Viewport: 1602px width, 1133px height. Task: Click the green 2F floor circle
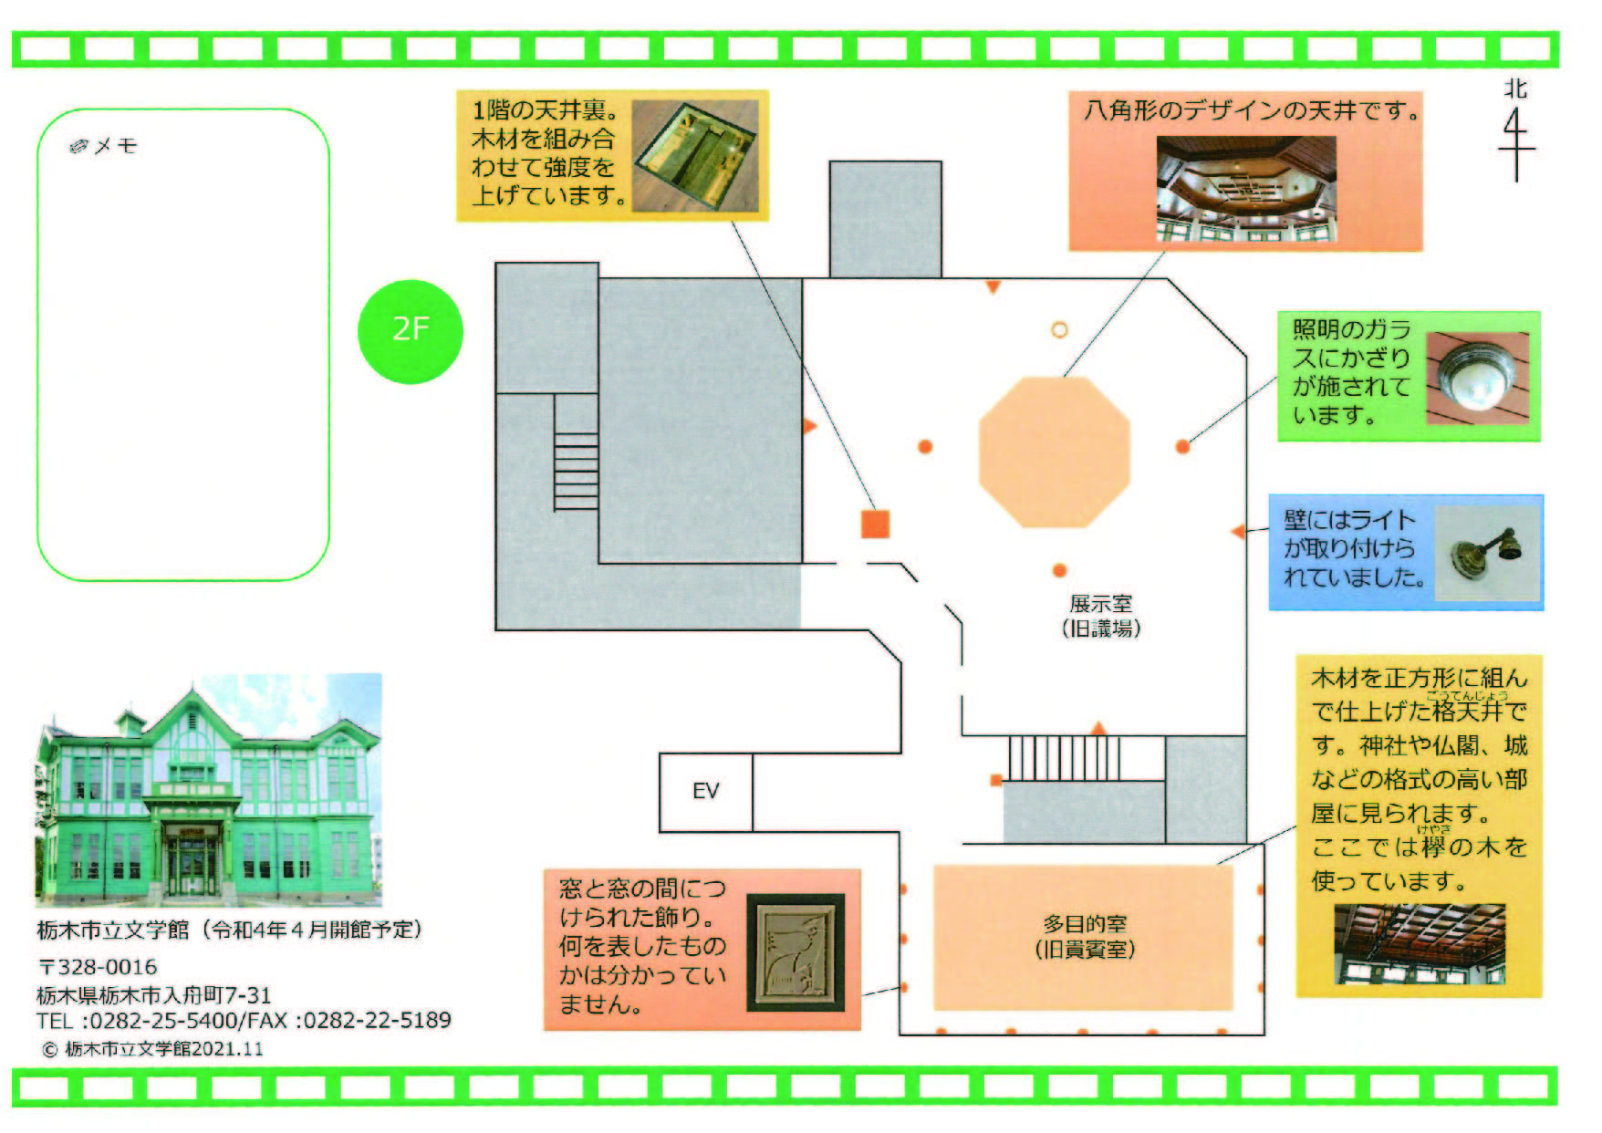click(411, 330)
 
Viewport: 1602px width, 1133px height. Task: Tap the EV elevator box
click(706, 791)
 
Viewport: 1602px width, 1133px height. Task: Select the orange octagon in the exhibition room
click(1055, 451)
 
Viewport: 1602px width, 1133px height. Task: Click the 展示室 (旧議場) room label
click(1101, 616)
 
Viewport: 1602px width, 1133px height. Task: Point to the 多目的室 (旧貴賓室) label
click(1085, 937)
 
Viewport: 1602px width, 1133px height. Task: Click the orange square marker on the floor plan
click(875, 524)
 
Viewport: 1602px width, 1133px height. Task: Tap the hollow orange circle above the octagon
click(1059, 329)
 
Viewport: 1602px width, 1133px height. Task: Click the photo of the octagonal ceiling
click(1246, 189)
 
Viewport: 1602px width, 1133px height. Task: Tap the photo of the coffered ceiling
click(1420, 944)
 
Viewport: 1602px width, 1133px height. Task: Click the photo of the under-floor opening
click(695, 155)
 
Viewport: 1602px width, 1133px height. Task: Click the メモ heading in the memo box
click(105, 146)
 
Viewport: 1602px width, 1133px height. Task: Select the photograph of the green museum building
click(209, 790)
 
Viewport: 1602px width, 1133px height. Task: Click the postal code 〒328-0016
click(98, 967)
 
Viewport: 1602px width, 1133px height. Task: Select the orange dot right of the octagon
click(1182, 446)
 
